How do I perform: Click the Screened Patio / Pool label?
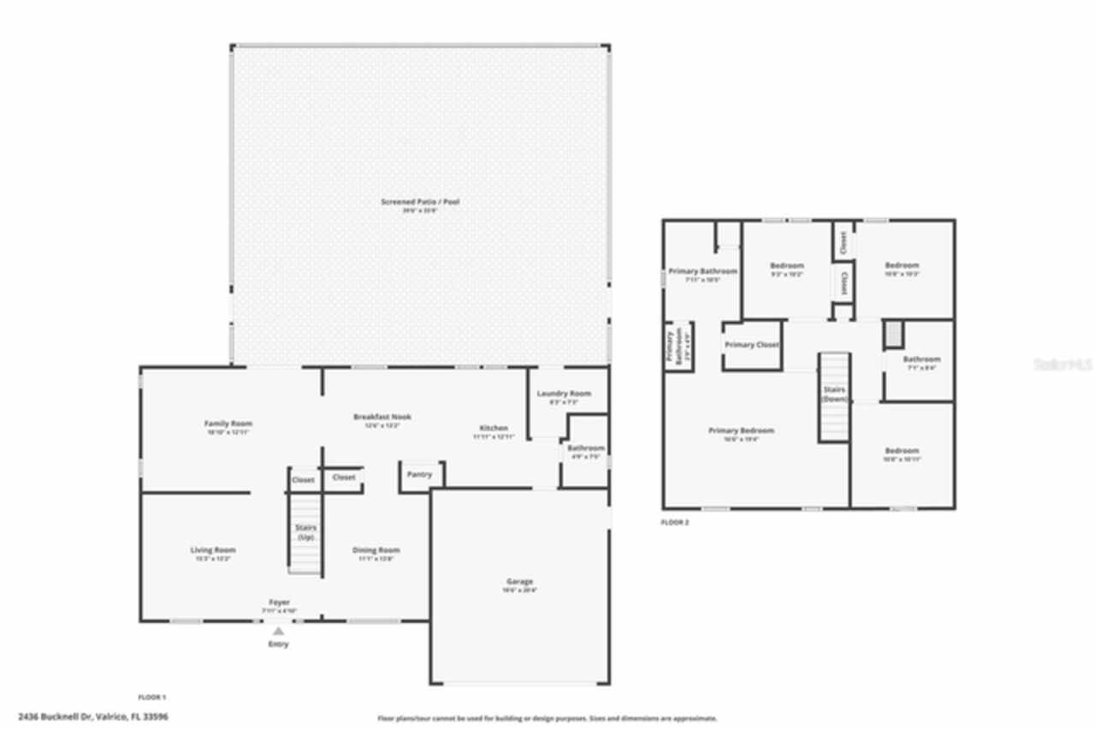(x=420, y=202)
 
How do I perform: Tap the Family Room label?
(x=228, y=424)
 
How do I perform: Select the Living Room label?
(x=212, y=550)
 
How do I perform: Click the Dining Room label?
(x=376, y=550)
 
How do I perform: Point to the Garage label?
(x=519, y=582)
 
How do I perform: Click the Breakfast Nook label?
(x=382, y=417)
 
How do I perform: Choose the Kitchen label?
(x=494, y=428)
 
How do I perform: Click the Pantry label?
(x=419, y=474)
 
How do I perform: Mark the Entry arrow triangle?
(x=278, y=631)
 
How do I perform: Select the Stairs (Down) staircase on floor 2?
(x=835, y=398)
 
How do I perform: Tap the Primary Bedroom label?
(x=741, y=430)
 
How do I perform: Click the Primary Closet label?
(x=751, y=345)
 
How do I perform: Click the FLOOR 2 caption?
(x=674, y=522)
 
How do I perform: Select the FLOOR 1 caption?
(x=152, y=697)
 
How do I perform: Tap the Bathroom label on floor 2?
(x=921, y=359)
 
